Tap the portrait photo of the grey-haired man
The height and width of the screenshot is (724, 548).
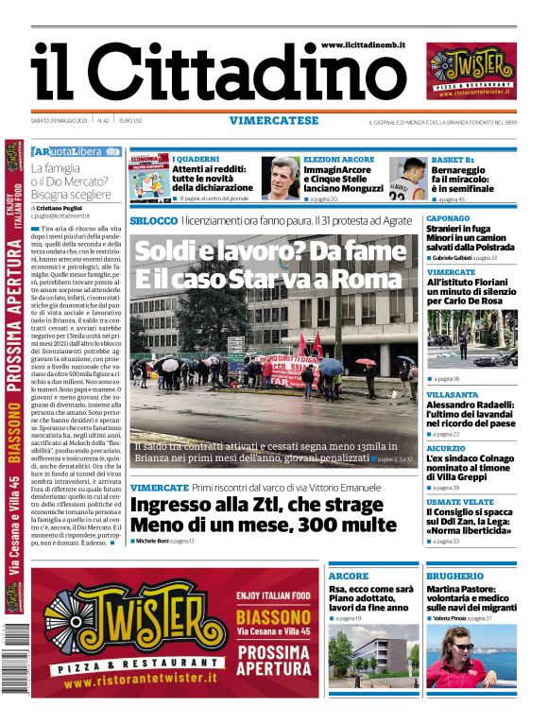pyautogui.click(x=281, y=179)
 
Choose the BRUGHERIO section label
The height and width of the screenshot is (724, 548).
pyautogui.click(x=454, y=576)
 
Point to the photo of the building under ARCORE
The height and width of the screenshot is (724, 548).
pyautogui.click(x=371, y=658)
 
